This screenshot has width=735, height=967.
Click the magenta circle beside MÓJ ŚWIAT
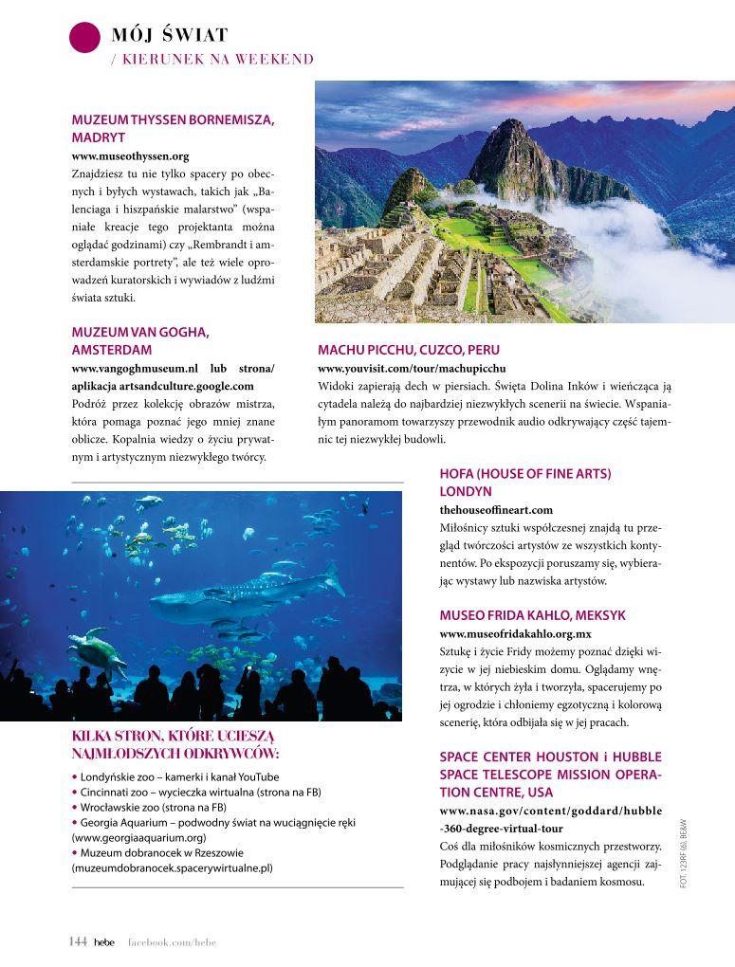84,37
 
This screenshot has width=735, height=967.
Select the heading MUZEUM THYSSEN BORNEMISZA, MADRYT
173,128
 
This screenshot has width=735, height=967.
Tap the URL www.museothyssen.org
131,155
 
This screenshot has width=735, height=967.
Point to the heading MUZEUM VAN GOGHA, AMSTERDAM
140,340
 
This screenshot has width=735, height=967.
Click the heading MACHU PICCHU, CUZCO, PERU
409,350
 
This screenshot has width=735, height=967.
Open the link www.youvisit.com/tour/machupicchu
412,368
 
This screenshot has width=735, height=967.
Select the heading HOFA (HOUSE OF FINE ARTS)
524,473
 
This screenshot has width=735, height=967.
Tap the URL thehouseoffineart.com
496,510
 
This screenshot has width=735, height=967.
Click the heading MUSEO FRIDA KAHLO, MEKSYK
532,615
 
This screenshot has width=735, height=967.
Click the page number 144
78,941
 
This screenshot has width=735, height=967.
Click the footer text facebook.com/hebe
172,941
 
